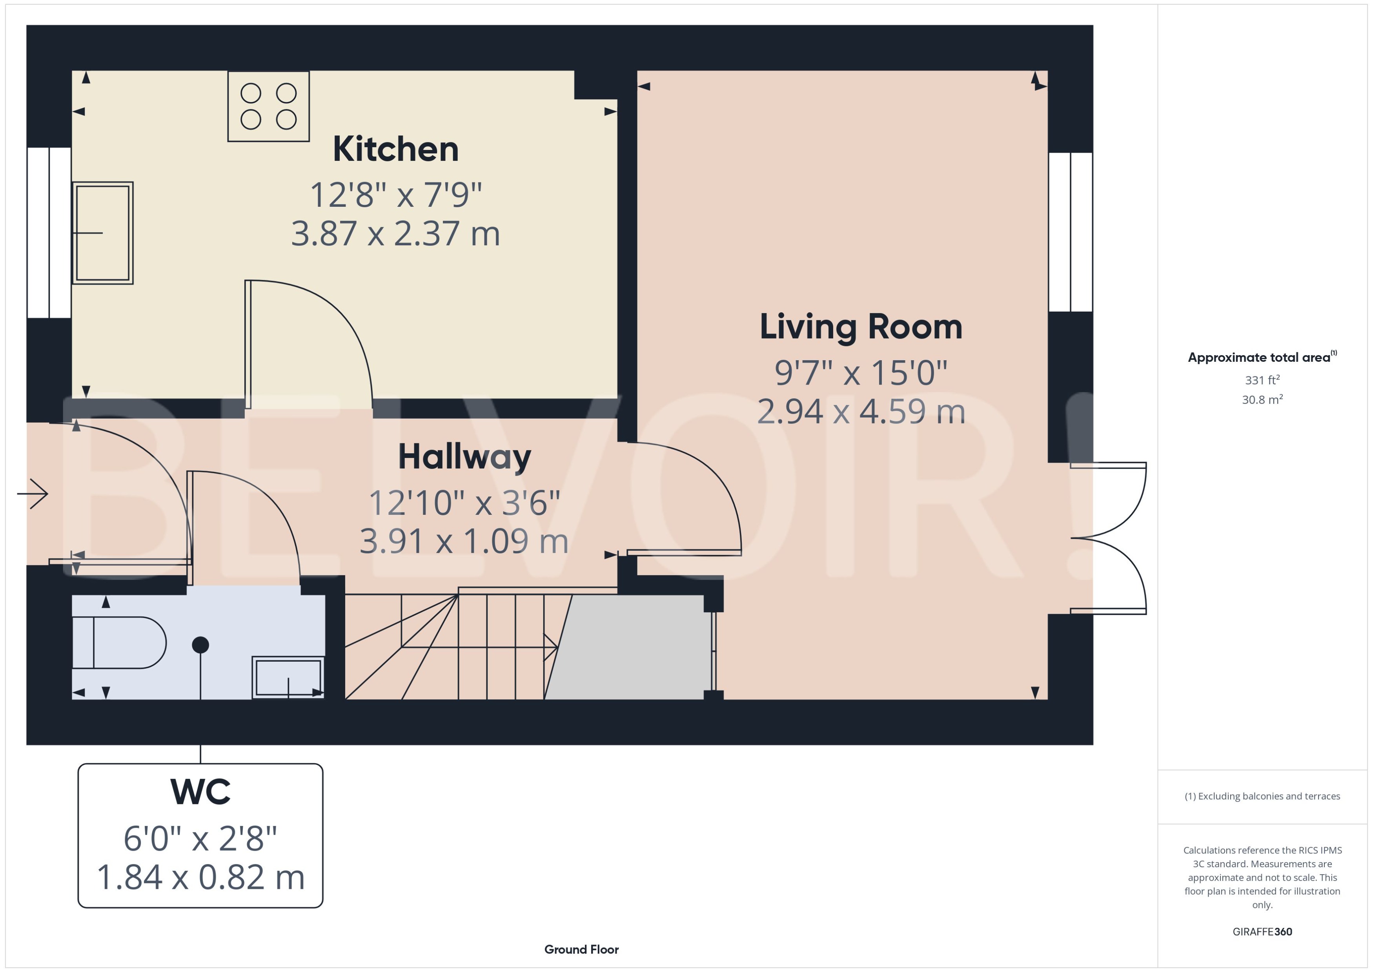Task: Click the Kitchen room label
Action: tap(395, 149)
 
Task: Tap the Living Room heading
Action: tap(860, 327)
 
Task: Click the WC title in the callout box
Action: tap(200, 792)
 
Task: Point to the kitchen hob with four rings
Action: tap(269, 106)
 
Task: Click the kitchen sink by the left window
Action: tap(102, 233)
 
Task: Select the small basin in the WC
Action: tap(288, 678)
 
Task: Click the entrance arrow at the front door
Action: tap(33, 494)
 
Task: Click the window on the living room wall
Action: tap(1070, 232)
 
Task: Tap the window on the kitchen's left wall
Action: tap(49, 233)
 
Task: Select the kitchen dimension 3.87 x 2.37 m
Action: tap(395, 233)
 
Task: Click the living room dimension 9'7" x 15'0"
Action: tap(860, 373)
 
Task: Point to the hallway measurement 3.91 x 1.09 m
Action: tap(464, 541)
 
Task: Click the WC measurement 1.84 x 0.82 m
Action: tap(200, 877)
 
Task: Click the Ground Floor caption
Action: tap(581, 949)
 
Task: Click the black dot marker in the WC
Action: tap(200, 645)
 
